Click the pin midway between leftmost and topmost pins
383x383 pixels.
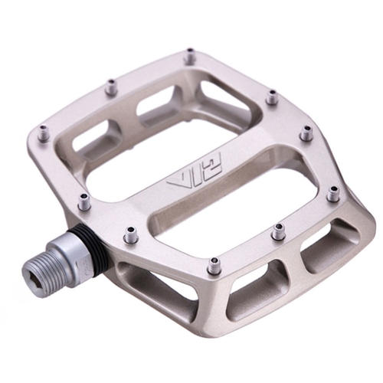coord(112,87)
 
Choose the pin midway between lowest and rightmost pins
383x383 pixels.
coord(279,230)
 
